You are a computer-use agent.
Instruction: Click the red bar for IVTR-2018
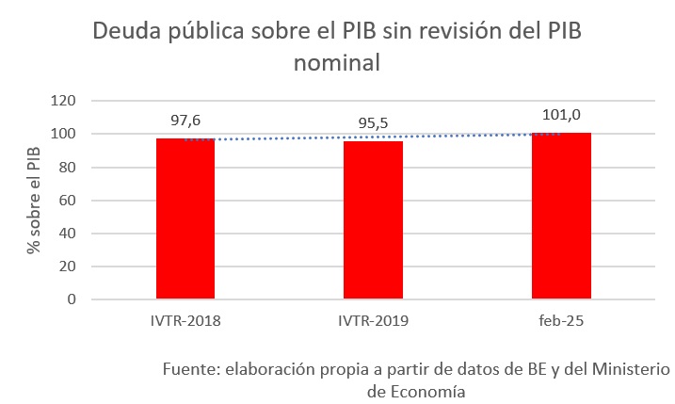click(x=185, y=218)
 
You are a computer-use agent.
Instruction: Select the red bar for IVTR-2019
click(x=373, y=220)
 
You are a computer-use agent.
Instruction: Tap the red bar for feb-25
click(x=561, y=216)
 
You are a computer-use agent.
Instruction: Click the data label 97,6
click(x=186, y=121)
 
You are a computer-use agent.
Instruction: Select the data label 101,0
click(x=561, y=115)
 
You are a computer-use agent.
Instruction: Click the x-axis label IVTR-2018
click(x=185, y=321)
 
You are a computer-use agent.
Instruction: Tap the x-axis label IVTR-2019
click(x=373, y=321)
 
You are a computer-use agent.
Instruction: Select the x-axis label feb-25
click(x=561, y=321)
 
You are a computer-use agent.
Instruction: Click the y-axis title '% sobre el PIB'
click(x=34, y=201)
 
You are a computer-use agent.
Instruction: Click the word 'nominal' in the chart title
click(x=336, y=64)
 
